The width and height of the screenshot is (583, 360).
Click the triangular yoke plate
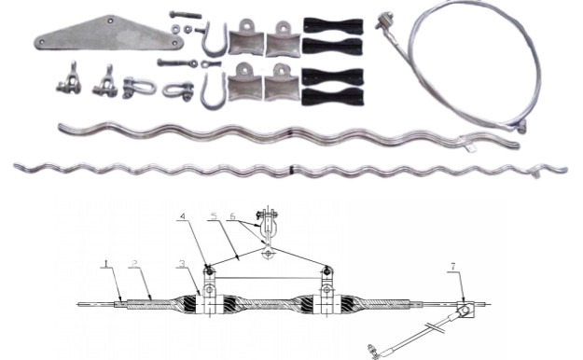[108, 35]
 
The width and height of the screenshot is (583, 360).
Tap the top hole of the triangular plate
[110, 21]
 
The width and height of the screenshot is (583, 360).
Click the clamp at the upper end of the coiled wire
[383, 21]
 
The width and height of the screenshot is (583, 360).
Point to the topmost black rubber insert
[333, 26]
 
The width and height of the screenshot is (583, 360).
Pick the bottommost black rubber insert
[332, 97]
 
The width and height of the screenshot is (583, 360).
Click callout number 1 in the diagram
[106, 264]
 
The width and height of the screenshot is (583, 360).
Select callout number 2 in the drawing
[134, 264]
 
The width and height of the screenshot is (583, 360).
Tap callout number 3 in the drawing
[182, 264]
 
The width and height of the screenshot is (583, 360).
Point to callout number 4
[183, 216]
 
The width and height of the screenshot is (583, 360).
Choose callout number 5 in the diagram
[213, 216]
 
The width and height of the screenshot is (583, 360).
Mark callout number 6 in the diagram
[232, 216]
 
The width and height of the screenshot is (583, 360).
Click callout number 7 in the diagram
[452, 267]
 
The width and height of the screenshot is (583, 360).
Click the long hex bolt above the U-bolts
[186, 15]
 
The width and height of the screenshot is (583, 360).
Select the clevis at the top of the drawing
[267, 225]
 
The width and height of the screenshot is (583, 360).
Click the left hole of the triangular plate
[42, 42]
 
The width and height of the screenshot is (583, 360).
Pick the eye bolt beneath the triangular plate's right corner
[177, 62]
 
